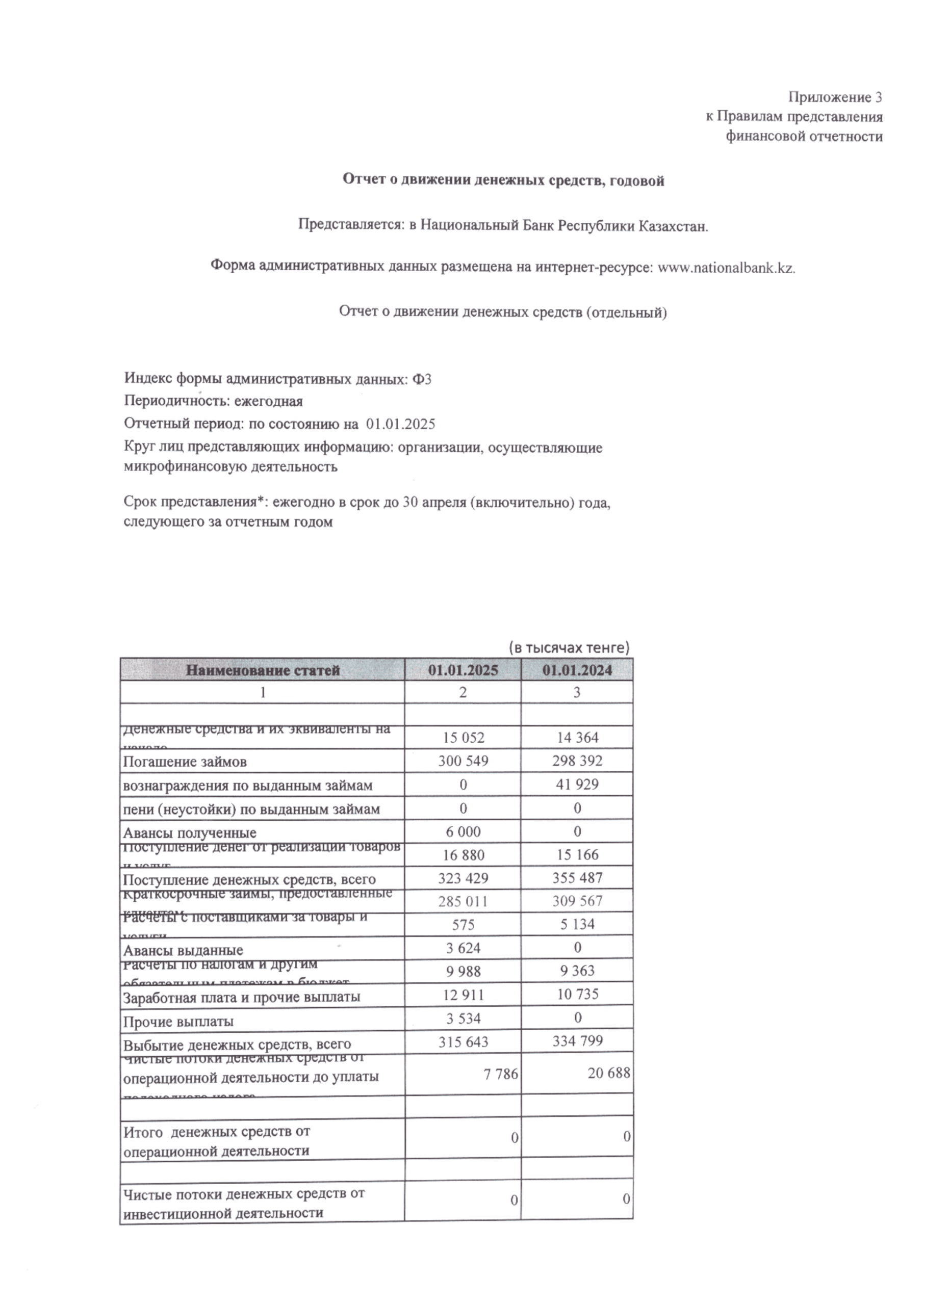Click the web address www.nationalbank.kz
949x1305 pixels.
[x=726, y=268]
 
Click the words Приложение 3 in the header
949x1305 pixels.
[x=835, y=97]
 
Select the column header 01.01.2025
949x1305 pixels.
[x=463, y=670]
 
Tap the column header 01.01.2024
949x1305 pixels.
[x=577, y=670]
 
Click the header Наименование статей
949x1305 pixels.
[x=263, y=670]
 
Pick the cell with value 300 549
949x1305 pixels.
[x=463, y=761]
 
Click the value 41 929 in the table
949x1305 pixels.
[x=577, y=785]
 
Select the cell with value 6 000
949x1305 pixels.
[x=463, y=831]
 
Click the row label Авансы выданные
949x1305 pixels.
[x=183, y=950]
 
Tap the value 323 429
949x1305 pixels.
[x=463, y=878]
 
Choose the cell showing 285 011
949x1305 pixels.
[x=463, y=901]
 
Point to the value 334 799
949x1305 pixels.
[x=577, y=1041]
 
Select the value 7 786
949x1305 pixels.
[x=502, y=1074]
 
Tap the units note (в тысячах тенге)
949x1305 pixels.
[x=569, y=648]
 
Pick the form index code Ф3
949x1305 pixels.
[x=422, y=379]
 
